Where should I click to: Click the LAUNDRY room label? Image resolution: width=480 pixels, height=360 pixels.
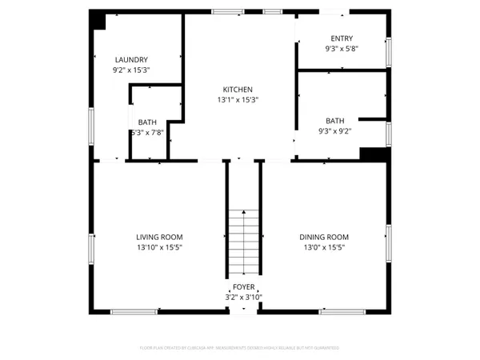[x=131, y=60]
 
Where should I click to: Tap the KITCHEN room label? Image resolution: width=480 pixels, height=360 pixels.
[x=238, y=90]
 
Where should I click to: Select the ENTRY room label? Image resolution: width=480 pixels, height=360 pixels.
[x=342, y=38]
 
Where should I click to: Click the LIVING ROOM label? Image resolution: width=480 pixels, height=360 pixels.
[x=159, y=237]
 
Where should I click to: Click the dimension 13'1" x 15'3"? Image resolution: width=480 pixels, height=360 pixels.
[x=238, y=100]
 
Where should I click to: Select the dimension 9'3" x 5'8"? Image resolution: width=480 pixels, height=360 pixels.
[x=342, y=49]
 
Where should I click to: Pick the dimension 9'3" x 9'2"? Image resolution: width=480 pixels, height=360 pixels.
[x=334, y=131]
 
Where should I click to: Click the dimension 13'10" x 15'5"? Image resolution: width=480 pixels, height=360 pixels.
[x=159, y=247]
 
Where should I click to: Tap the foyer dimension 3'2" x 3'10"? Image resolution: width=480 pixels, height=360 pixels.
[x=243, y=297]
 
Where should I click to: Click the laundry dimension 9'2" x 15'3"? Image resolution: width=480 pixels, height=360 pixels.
[x=131, y=70]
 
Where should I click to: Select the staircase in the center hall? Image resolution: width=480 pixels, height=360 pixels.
[x=243, y=240]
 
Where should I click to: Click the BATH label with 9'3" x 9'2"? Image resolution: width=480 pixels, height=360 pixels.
[x=334, y=121]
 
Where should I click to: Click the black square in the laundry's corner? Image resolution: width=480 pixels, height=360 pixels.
[x=98, y=22]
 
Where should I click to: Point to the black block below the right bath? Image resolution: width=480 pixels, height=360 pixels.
[x=372, y=154]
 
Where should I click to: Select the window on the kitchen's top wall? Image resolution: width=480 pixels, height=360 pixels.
[x=223, y=13]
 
